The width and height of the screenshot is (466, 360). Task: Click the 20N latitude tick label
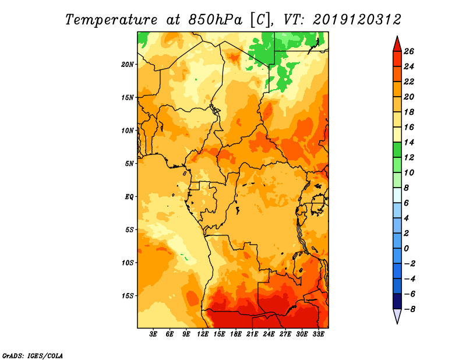pyautogui.click(x=128, y=65)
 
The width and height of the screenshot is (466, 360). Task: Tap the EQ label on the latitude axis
pyautogui.click(x=129, y=197)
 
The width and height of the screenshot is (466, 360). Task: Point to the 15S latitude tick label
pyautogui.click(x=128, y=296)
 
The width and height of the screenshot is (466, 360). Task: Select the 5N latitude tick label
pyautogui.click(x=129, y=164)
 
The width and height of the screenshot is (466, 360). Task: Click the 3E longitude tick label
pyautogui.click(x=153, y=334)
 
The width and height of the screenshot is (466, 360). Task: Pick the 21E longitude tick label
pyautogui.click(x=252, y=334)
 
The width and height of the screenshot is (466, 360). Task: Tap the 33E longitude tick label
pyautogui.click(x=318, y=334)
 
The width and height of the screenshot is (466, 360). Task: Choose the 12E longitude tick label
pyautogui.click(x=202, y=334)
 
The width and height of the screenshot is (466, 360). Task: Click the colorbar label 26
pyautogui.click(x=409, y=51)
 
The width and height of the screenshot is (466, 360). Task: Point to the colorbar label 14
pyautogui.click(x=409, y=142)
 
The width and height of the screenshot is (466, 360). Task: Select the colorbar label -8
pyautogui.click(x=409, y=309)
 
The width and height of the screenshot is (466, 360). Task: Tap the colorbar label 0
pyautogui.click(x=406, y=249)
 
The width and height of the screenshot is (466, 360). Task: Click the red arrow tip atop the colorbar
pyautogui.click(x=397, y=36)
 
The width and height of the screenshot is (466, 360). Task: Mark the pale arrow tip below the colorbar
pyautogui.click(x=397, y=323)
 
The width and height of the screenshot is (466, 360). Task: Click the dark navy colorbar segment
pyautogui.click(x=397, y=301)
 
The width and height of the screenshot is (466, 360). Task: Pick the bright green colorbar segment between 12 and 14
pyautogui.click(x=397, y=150)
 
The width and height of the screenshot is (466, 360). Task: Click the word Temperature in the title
pyautogui.click(x=111, y=20)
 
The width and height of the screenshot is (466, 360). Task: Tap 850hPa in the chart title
pyautogui.click(x=215, y=20)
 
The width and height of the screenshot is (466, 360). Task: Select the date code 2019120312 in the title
pyautogui.click(x=357, y=20)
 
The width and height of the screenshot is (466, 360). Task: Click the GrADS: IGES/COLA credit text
pyautogui.click(x=33, y=356)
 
